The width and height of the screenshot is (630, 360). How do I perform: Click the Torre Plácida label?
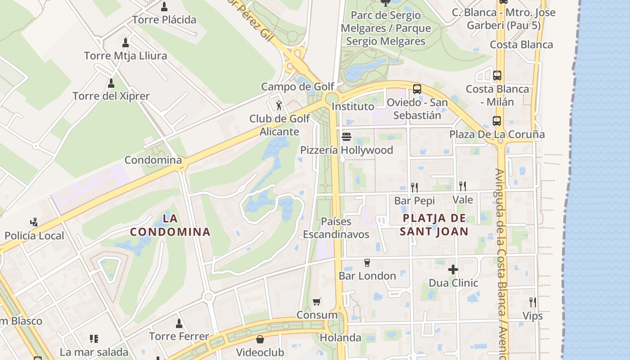[x=164, y=20]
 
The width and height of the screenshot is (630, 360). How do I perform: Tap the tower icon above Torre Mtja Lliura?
[x=126, y=43]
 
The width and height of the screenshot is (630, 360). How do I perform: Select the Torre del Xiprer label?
[x=111, y=96]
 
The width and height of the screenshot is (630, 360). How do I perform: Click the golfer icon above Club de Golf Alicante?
[x=279, y=105]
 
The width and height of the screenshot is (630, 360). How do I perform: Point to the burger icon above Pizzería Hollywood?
[x=346, y=136]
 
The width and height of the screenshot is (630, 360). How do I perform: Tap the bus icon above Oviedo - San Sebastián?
[x=417, y=89]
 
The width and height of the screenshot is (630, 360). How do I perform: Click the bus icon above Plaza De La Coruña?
[x=497, y=121]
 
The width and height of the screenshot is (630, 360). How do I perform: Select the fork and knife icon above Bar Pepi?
[x=414, y=187]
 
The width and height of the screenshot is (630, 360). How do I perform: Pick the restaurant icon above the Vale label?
[x=462, y=186]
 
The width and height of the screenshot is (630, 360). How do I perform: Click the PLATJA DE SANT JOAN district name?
[x=435, y=225]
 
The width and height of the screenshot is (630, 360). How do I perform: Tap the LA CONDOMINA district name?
[x=170, y=225]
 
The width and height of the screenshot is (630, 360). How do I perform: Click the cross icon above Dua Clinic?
[x=453, y=270]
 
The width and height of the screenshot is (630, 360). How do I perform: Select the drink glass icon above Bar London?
[x=367, y=262]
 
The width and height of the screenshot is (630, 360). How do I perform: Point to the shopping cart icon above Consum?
[x=317, y=301]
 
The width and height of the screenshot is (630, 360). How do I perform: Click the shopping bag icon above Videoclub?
[x=260, y=339]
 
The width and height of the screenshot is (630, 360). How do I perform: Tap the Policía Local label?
[x=35, y=235]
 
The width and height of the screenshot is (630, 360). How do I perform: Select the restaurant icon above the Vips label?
[x=532, y=302]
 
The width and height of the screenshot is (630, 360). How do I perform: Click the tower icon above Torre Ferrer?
[x=179, y=323]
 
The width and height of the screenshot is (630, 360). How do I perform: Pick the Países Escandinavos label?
[x=336, y=228]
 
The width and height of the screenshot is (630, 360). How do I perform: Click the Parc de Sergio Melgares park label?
[x=386, y=28]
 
